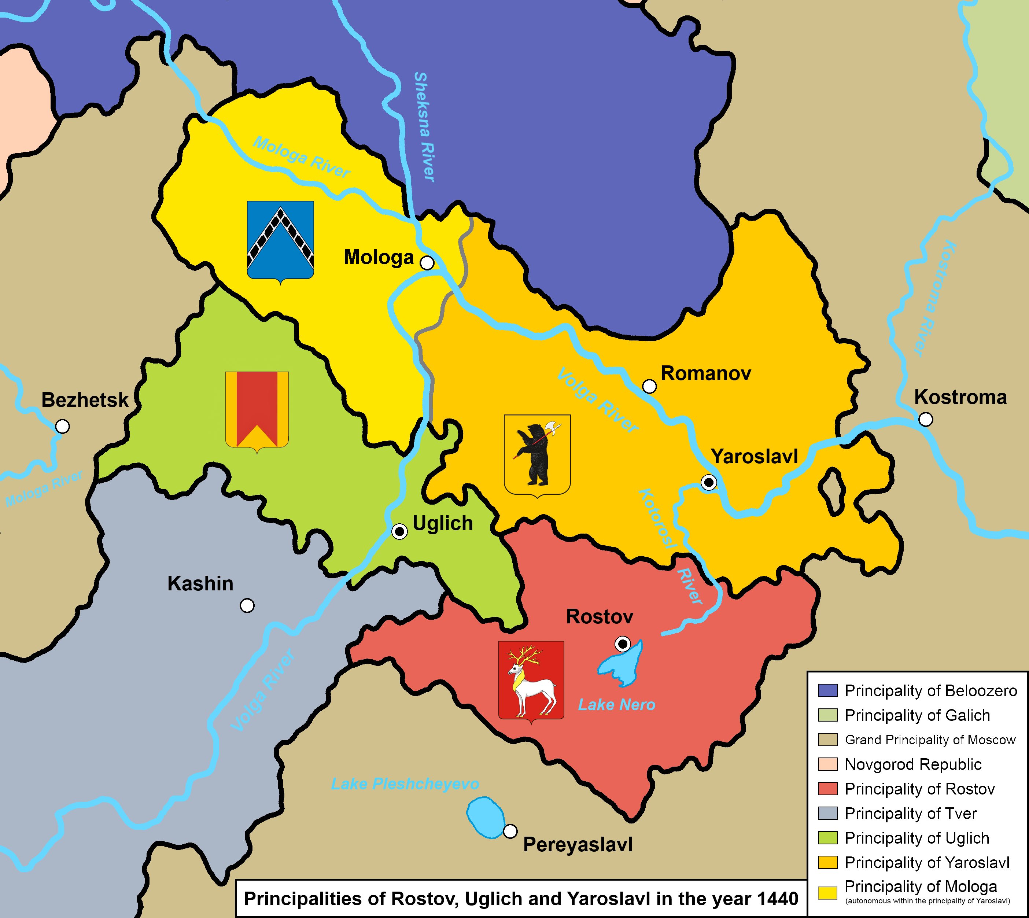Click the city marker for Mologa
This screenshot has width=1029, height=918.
427,263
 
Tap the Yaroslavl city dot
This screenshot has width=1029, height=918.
709,483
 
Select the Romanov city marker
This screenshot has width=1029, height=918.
649,386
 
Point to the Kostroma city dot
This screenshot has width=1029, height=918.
926,419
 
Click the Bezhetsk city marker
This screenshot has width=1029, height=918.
62,426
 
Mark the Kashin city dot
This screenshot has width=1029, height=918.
247,605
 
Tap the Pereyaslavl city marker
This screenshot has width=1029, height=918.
510,831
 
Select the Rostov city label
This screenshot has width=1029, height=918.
599,616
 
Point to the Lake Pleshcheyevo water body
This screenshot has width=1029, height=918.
485,818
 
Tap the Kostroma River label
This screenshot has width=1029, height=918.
933,298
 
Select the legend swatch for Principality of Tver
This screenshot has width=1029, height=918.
828,813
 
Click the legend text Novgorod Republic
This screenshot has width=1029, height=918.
913,764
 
